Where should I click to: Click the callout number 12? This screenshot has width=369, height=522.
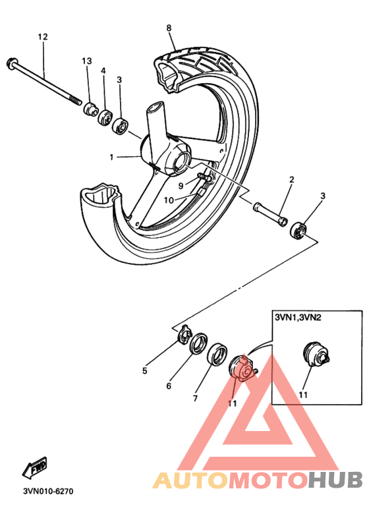(x=43, y=37)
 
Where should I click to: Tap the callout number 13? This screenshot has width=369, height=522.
(x=86, y=61)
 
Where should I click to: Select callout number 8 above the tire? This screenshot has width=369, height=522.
(x=169, y=28)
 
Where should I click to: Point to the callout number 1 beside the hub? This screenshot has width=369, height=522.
(x=112, y=158)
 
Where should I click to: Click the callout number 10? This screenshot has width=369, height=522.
(x=169, y=200)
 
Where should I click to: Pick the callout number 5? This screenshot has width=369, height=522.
(x=144, y=370)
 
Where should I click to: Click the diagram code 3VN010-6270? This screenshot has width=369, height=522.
(x=48, y=491)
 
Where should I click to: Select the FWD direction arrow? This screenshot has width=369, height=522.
(x=35, y=469)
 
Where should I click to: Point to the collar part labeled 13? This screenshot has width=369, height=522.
(x=90, y=107)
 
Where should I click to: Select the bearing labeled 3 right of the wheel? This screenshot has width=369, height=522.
(x=299, y=231)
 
